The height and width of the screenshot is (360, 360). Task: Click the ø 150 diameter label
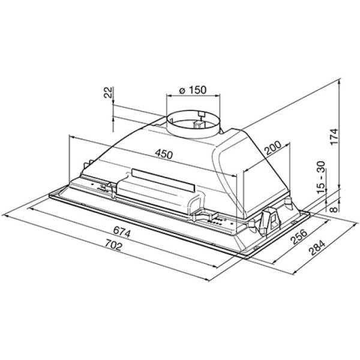(193, 90)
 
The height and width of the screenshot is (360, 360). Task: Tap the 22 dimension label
(108, 92)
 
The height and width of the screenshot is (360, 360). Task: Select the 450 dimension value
(163, 154)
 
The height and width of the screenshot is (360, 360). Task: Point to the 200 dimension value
(273, 148)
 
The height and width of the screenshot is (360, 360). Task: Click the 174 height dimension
(334, 136)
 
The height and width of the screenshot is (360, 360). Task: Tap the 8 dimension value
(334, 209)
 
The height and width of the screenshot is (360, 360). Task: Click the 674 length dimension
(122, 232)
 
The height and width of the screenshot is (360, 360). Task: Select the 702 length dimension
(113, 245)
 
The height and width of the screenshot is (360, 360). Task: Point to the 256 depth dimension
(299, 236)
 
